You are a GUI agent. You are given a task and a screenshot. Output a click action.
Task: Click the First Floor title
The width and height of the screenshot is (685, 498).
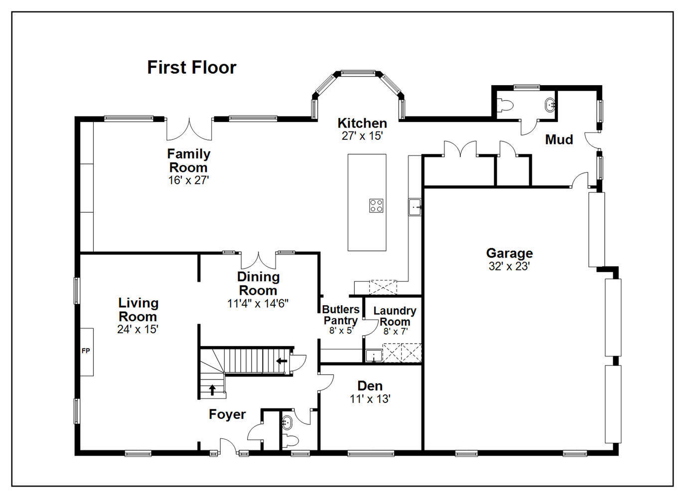click(192, 67)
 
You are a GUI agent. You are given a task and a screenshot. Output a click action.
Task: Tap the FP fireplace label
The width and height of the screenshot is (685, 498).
click(86, 351)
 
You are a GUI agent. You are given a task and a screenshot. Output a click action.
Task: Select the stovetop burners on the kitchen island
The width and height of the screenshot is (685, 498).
click(376, 206)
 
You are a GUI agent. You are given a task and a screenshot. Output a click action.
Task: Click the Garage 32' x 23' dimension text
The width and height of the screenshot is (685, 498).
click(509, 266)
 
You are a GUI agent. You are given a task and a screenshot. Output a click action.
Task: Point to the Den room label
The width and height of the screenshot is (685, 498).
click(370, 386)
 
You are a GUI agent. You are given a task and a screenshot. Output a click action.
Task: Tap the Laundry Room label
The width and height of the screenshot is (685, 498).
click(395, 316)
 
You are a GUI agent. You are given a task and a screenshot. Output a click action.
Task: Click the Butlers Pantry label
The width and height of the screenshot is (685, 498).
click(341, 315)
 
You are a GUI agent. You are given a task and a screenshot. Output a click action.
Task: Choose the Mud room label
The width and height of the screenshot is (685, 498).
click(559, 139)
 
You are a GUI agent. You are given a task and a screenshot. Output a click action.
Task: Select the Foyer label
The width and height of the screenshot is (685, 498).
click(227, 414)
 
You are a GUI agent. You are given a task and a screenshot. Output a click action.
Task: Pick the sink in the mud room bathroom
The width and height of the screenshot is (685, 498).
click(550, 105)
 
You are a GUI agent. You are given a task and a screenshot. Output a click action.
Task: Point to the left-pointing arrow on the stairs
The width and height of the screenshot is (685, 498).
click(281, 361)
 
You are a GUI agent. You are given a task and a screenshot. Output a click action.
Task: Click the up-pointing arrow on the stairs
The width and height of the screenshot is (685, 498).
click(212, 390)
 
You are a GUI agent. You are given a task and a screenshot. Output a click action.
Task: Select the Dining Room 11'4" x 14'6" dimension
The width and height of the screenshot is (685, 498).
click(258, 304)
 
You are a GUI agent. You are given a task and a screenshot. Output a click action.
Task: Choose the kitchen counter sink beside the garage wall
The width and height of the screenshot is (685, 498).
click(414, 207)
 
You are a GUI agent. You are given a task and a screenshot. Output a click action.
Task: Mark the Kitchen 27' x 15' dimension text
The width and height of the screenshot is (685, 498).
click(362, 136)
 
